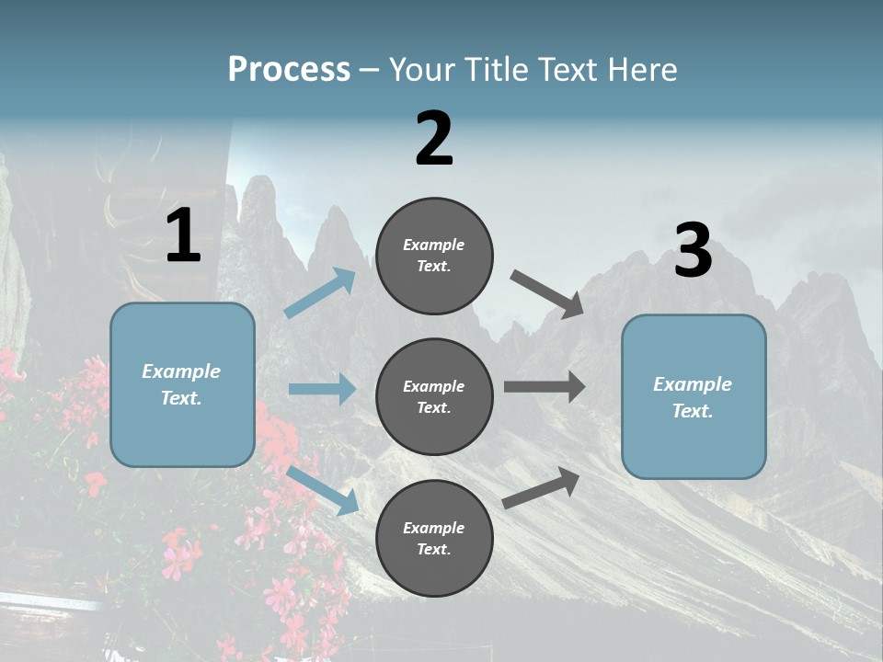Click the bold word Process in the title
[x=289, y=70]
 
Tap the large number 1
[x=183, y=236]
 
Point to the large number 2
[x=434, y=139]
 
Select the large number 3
[x=693, y=251]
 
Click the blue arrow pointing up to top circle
[x=320, y=293]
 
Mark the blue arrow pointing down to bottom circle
[x=323, y=489]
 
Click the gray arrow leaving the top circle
[x=547, y=293]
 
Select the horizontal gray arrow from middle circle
[x=545, y=387]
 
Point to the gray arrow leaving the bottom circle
[x=542, y=488]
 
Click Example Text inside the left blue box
[x=182, y=384]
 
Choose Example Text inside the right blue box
[x=693, y=397]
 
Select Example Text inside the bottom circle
[x=434, y=538]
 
